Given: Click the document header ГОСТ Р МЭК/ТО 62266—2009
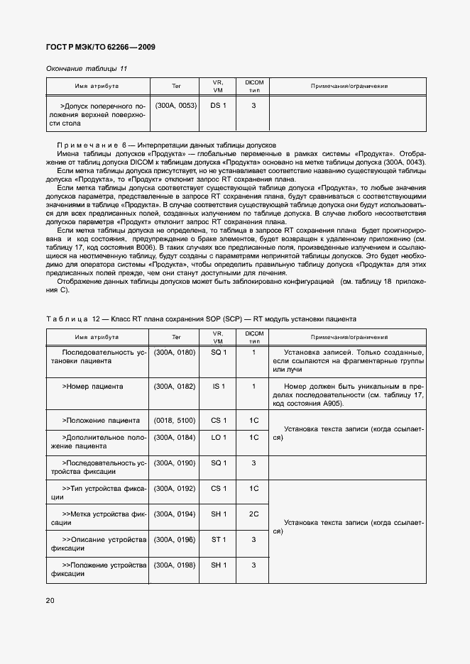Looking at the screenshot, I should point(100,47).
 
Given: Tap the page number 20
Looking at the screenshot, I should point(50,600).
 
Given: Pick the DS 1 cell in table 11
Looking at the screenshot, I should point(218,106).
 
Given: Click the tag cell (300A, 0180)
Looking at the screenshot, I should point(175,353).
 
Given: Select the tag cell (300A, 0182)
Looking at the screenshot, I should point(175,387).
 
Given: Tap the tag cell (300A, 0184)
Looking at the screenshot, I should point(175,438).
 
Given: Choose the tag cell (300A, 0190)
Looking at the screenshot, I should point(175,463).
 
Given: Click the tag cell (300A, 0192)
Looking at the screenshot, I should point(175,489).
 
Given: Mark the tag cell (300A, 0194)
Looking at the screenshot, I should point(175,514).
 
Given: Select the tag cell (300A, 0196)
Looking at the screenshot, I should point(175,540).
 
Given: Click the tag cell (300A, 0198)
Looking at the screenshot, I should point(175,565).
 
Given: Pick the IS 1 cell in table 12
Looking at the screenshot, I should point(218,387).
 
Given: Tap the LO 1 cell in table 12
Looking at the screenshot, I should point(218,438).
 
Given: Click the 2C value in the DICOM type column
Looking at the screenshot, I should point(253,514).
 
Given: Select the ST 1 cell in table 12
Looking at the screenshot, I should point(218,540).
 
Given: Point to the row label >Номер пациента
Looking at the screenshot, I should point(92,387).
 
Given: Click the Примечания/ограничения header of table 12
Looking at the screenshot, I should point(349,337).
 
